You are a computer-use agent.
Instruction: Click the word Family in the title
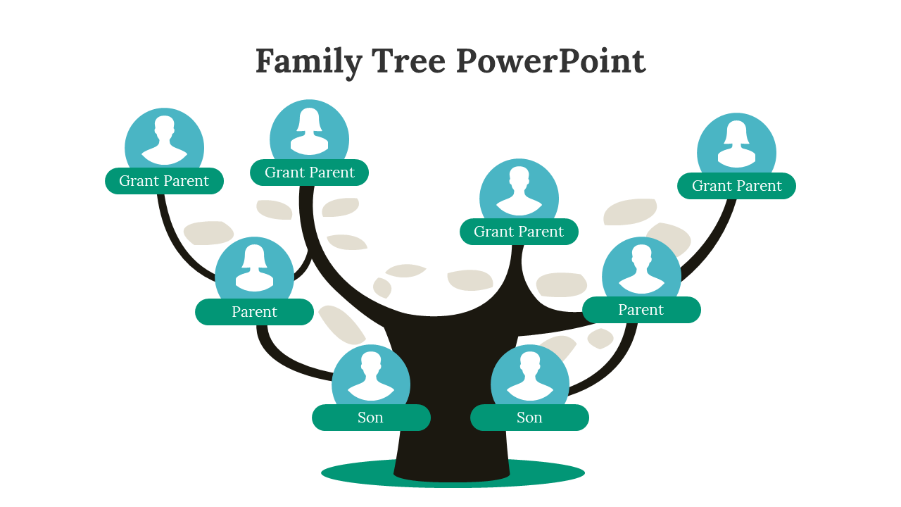click(308, 61)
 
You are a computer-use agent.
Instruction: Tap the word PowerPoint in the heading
click(550, 61)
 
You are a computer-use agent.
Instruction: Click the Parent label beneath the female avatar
click(254, 312)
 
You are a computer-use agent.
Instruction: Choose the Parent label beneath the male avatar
click(641, 310)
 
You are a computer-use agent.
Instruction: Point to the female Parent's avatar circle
click(254, 271)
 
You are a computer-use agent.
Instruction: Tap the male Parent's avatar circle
click(641, 271)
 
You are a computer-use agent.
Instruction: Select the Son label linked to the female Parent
click(371, 418)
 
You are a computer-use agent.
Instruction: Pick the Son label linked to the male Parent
click(529, 418)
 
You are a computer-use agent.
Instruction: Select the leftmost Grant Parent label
click(164, 181)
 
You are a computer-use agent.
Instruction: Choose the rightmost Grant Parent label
click(736, 186)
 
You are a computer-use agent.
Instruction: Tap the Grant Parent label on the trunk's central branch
click(519, 232)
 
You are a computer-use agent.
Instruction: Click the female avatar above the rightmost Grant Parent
click(736, 148)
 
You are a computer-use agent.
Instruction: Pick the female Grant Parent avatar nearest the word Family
click(309, 134)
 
